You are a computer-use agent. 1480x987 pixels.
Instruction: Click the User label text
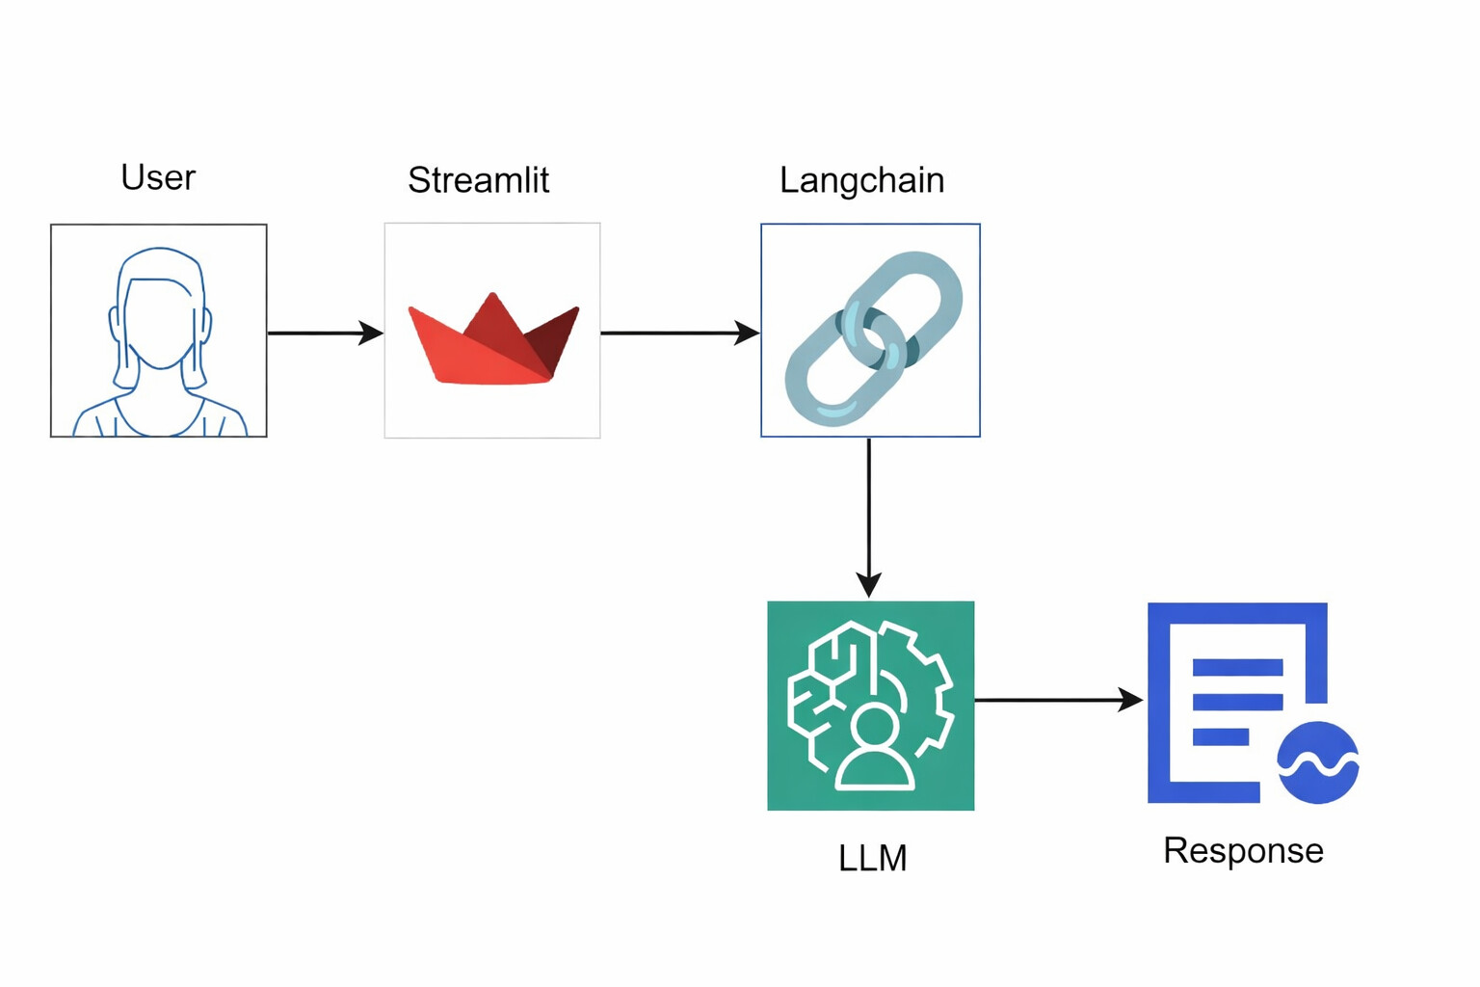(x=158, y=177)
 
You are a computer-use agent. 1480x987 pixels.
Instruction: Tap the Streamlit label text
(x=478, y=180)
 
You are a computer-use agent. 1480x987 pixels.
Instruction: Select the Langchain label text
(x=861, y=180)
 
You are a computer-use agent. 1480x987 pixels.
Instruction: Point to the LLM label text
(x=872, y=858)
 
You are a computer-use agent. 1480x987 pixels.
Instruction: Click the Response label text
(x=1243, y=850)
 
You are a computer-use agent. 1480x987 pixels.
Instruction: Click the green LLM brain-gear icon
(x=870, y=706)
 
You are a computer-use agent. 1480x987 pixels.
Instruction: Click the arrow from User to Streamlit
(x=324, y=333)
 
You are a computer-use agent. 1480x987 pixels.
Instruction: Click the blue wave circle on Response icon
(x=1317, y=762)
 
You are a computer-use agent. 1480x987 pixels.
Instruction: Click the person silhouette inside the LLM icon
(x=874, y=749)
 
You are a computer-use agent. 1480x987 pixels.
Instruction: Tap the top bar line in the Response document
(x=1237, y=667)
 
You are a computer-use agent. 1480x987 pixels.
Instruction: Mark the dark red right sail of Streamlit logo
(x=557, y=337)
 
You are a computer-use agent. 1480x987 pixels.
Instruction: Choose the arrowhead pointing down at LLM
(x=869, y=584)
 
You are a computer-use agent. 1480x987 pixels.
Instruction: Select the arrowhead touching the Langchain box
(x=747, y=333)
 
